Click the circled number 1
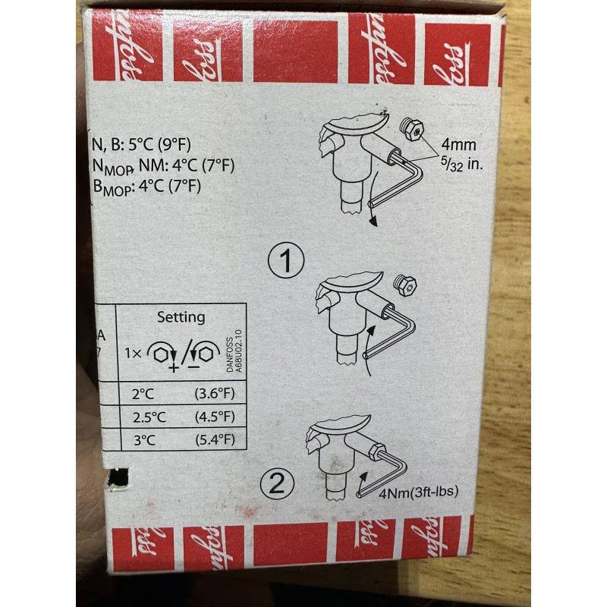[x=286, y=263]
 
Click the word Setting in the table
[x=181, y=317]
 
